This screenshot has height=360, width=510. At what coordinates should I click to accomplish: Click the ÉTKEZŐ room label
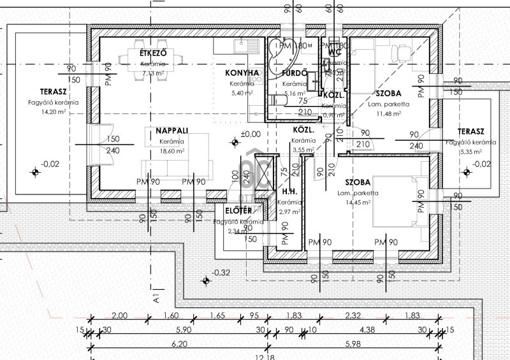pos(153,54)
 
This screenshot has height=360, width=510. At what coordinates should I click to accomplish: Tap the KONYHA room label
pos(242,73)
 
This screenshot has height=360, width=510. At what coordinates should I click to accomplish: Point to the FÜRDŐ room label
pos(295,73)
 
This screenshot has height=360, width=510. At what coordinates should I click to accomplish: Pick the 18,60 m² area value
pos(172,151)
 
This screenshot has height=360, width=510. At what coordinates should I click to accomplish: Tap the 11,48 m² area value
pos(388,113)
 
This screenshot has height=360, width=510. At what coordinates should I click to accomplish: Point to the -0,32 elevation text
pos(221,273)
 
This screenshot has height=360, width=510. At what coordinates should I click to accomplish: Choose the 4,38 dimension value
pos(367,330)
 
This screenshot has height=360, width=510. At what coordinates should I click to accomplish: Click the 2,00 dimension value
pos(118,316)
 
